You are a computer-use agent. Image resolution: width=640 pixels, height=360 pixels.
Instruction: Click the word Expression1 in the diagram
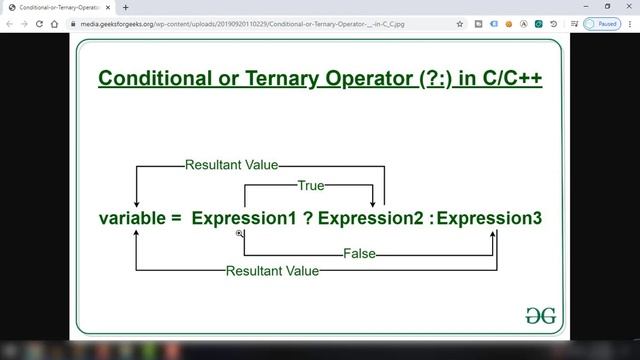tap(244, 217)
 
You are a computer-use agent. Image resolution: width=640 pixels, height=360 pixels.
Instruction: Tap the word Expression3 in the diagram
tap(490, 217)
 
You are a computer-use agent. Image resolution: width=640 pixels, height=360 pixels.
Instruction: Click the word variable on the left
tap(134, 217)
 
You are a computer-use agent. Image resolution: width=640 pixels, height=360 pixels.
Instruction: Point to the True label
tap(310, 185)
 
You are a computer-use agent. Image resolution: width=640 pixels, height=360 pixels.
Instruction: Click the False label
tap(359, 254)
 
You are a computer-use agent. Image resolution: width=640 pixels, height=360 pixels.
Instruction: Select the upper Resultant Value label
tap(231, 165)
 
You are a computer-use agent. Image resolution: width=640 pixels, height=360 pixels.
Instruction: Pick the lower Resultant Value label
tap(272, 271)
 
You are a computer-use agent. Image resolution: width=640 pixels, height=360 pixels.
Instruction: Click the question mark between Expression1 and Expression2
tap(309, 217)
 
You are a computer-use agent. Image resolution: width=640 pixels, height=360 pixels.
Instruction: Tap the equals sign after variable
tap(177, 217)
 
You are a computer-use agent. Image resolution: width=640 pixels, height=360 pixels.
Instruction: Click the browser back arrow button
tap(10, 23)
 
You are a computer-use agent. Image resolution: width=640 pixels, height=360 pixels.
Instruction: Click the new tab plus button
tap(125, 7)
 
